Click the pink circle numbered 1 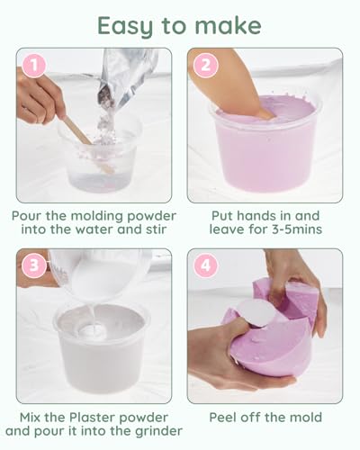[x=34, y=65]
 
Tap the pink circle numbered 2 [x=205, y=65]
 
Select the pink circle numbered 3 [x=34, y=265]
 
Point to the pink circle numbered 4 [x=205, y=265]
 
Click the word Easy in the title [x=126, y=26]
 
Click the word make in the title [x=228, y=25]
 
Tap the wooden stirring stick [x=87, y=144]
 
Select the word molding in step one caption [x=98, y=216]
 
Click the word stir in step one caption [x=157, y=229]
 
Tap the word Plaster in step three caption [x=89, y=418]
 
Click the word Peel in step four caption [x=222, y=418]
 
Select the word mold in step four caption [x=305, y=418]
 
